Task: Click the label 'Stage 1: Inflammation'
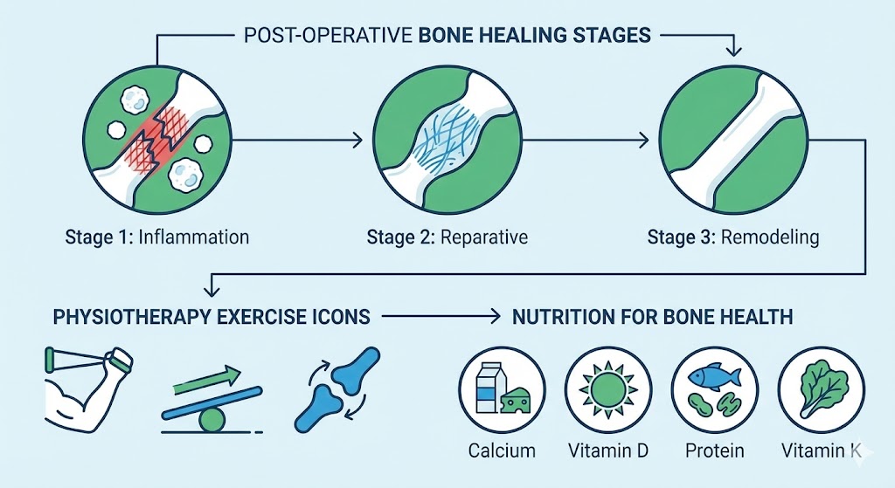pos(156,237)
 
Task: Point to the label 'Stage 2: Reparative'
pos(447,237)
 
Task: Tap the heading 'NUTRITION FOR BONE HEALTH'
pos(652,315)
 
